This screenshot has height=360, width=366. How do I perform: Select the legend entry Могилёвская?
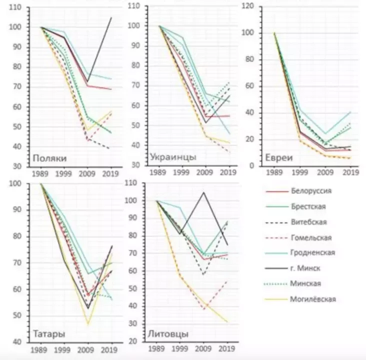click(x=313, y=299)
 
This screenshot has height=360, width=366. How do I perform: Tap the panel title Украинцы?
click(x=173, y=157)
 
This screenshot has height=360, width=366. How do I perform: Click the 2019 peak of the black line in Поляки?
click(x=111, y=17)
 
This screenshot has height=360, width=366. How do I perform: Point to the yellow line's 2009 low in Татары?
click(x=87, y=324)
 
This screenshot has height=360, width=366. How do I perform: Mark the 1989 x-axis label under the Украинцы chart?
click(x=158, y=172)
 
